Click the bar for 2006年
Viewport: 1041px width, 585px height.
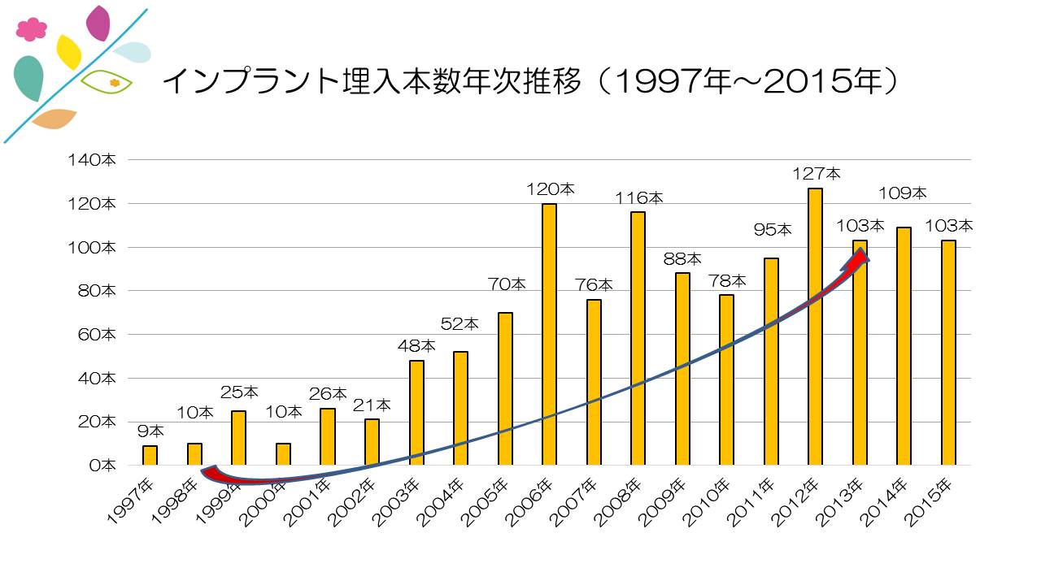(x=549, y=334)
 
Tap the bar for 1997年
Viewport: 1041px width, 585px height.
(x=150, y=455)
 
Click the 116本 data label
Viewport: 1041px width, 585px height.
(x=638, y=197)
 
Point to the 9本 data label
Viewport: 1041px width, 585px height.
(x=150, y=431)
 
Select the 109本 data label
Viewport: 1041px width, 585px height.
(x=903, y=193)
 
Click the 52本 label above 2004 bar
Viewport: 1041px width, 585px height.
(x=460, y=324)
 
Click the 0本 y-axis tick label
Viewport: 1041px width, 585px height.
(x=104, y=466)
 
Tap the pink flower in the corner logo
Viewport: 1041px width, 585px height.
(x=31, y=29)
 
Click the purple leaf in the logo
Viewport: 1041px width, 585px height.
(x=98, y=23)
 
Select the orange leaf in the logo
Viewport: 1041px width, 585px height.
(x=54, y=119)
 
